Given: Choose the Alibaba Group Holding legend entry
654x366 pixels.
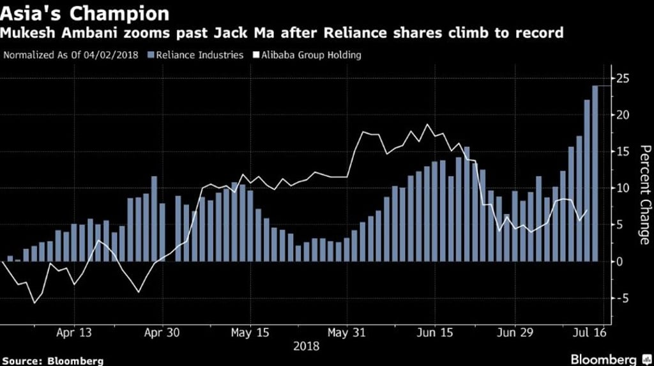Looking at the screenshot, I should click(308, 55).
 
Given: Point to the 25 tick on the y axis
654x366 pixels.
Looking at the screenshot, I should click(623, 79).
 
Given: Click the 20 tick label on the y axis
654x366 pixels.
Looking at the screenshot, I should click(623, 115).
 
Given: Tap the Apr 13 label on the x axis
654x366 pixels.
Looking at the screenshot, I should click(74, 333).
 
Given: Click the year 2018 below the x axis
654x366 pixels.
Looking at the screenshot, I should click(307, 346).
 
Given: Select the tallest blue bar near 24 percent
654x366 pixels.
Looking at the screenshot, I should click(595, 172).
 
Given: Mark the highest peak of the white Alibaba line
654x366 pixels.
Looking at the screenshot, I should click(428, 125).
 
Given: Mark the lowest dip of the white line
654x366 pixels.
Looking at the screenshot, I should click(34, 302).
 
